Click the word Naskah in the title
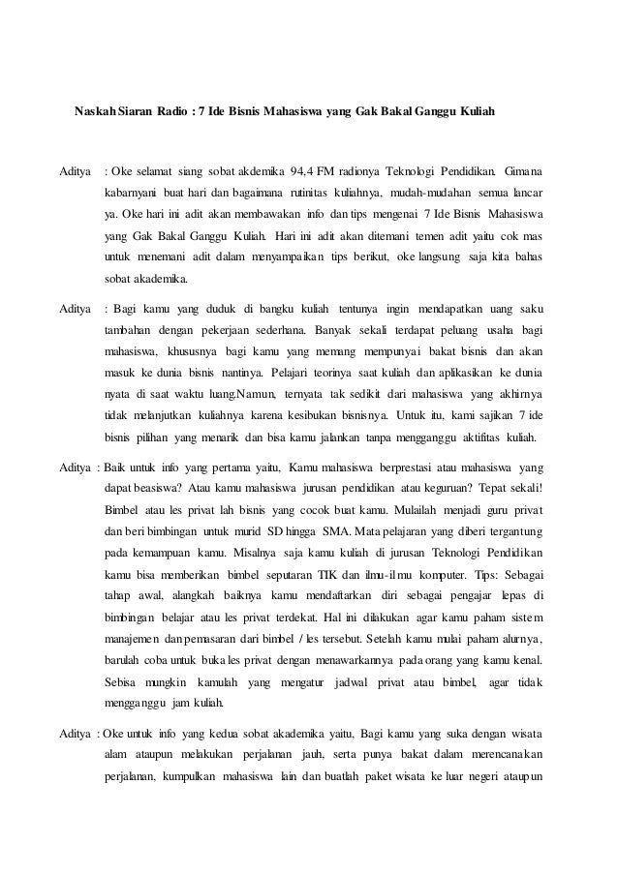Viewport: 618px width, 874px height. (x=96, y=112)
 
